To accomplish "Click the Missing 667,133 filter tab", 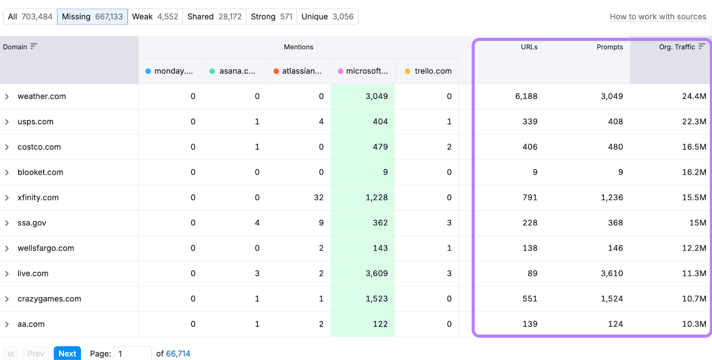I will (x=92, y=16).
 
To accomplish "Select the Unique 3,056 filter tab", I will (x=327, y=16).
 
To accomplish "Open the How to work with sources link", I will (x=658, y=16).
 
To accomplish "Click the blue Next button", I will (x=67, y=353).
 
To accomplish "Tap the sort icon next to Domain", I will (x=33, y=46).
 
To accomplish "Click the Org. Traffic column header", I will (x=677, y=47).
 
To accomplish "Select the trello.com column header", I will (x=433, y=71).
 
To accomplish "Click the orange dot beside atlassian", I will (x=276, y=71).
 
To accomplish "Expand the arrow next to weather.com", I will (x=7, y=97).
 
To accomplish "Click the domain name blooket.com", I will (x=40, y=172).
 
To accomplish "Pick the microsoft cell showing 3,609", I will (x=376, y=273).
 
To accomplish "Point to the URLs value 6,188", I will (x=526, y=96).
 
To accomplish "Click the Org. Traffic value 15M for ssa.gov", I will (x=697, y=222).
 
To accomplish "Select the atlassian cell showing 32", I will (x=318, y=197).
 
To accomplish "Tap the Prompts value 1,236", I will (x=611, y=197).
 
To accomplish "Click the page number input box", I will (x=132, y=353).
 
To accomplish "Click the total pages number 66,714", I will (x=178, y=353).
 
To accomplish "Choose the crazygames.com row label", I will (x=49, y=299).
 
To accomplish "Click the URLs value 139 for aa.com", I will (x=530, y=324).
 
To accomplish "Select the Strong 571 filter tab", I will (x=271, y=16).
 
